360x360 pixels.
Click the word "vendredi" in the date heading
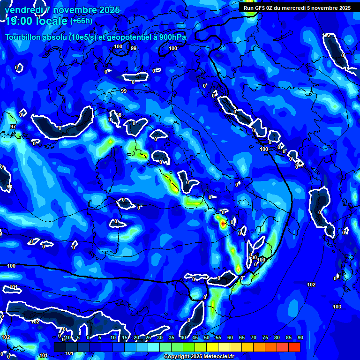tap(21, 10)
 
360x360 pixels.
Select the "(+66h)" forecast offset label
tap(81, 21)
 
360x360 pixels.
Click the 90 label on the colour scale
tap(300, 337)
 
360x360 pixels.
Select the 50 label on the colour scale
tap(207, 337)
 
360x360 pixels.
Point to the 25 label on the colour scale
tap(148, 337)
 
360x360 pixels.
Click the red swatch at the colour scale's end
tap(294, 347)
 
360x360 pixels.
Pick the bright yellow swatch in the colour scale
tap(212, 347)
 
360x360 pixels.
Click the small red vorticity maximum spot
tap(223, 224)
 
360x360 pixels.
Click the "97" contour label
tap(13, 127)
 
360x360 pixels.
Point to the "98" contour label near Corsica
tap(119, 115)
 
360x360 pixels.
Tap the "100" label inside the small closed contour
tap(118, 46)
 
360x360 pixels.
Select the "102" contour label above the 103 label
tap(311, 285)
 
